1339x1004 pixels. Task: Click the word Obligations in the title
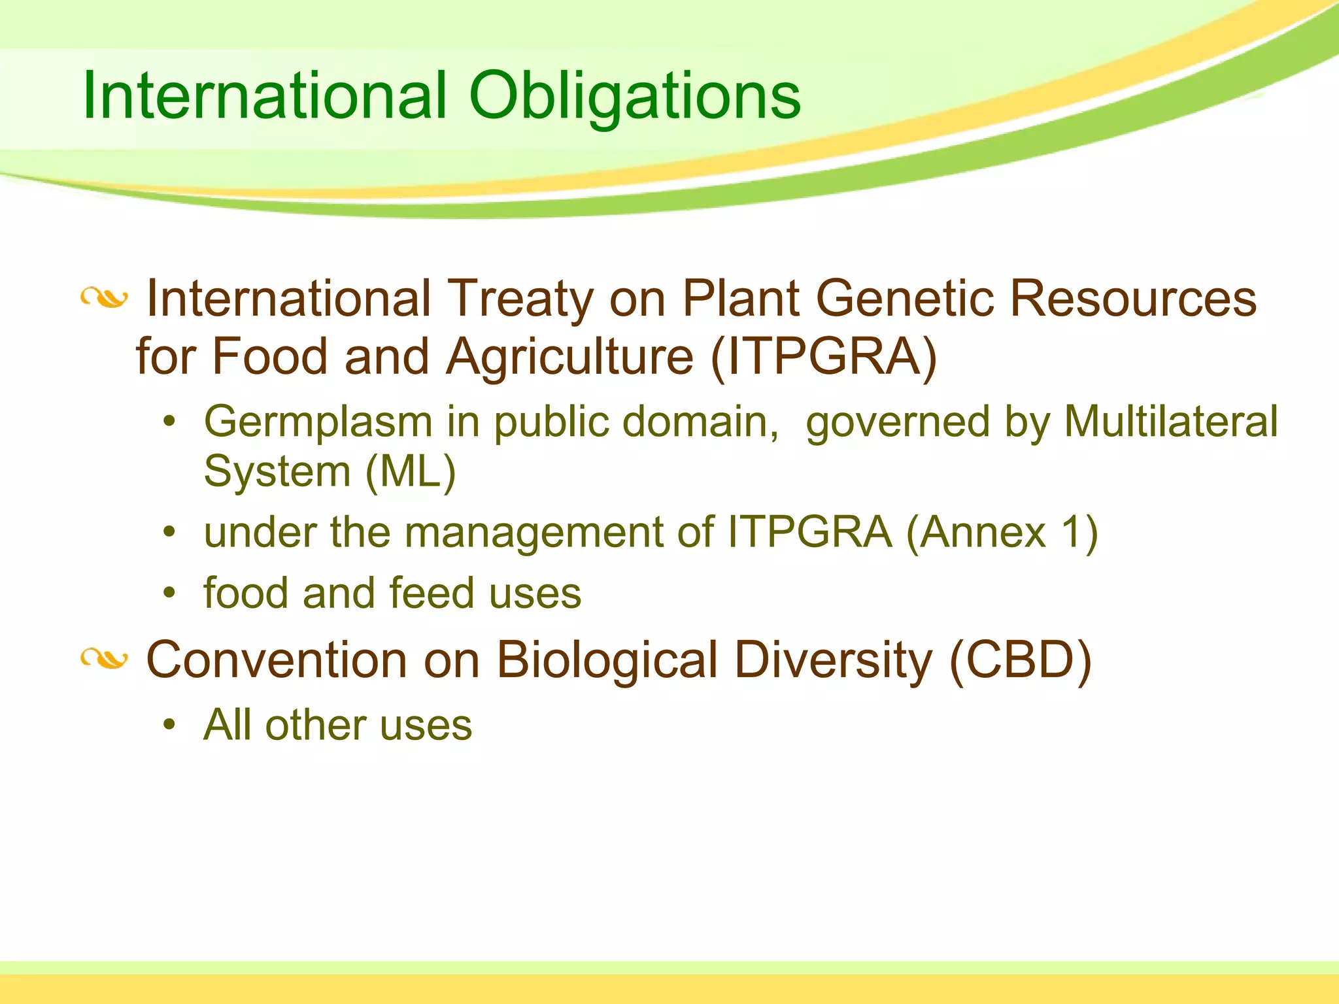pyautogui.click(x=634, y=97)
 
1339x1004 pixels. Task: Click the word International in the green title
pyautogui.click(x=265, y=97)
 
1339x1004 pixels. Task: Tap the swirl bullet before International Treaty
pyautogui.click(x=104, y=299)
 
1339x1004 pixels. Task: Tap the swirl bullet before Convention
pyautogui.click(x=104, y=659)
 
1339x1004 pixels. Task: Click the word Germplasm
pyautogui.click(x=318, y=422)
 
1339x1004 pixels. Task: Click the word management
pyautogui.click(x=539, y=532)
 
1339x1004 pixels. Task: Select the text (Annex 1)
pyautogui.click(x=1002, y=532)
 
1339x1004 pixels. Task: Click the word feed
pyautogui.click(x=432, y=593)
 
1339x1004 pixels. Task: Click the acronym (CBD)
pyautogui.click(x=1020, y=660)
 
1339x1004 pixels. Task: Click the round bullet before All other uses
pyautogui.click(x=170, y=725)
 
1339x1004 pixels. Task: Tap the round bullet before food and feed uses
pyautogui.click(x=170, y=593)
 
